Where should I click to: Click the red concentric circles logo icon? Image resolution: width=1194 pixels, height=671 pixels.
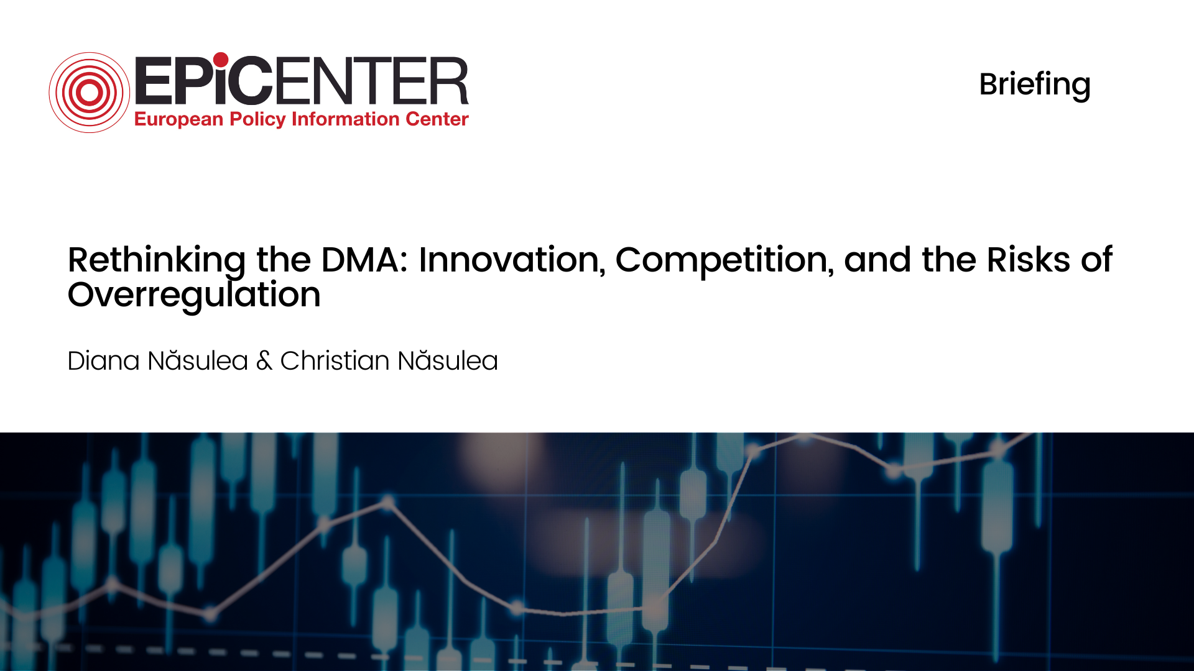pos(90,93)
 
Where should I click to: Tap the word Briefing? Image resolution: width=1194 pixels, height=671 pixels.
pos(1034,84)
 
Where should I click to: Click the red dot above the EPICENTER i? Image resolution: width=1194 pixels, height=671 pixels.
pos(221,60)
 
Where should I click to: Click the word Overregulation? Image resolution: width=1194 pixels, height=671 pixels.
pos(194,294)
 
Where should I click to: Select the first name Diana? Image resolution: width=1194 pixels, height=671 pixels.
pos(103,361)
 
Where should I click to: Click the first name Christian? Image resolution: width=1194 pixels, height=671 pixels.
pos(335,361)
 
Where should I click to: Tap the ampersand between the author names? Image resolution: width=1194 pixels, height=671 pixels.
pos(264,361)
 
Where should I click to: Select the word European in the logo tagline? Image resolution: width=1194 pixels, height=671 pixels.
pos(178,119)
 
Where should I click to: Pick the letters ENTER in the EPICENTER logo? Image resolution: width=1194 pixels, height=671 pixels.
pos(371,81)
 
